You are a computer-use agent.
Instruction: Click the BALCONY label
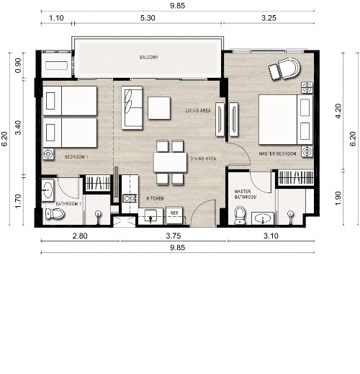(x=149, y=57)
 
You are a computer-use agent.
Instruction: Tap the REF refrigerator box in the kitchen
(x=174, y=215)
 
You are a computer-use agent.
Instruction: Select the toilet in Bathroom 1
(x=55, y=213)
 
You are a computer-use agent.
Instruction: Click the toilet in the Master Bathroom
(x=240, y=215)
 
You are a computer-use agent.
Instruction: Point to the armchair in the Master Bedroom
(x=285, y=68)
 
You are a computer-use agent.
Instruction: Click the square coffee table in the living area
(x=159, y=108)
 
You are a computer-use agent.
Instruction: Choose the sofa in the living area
(x=132, y=107)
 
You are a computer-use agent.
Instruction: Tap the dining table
(x=170, y=162)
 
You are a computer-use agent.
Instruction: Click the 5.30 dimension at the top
(x=148, y=18)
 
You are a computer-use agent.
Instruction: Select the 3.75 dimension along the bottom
(x=174, y=236)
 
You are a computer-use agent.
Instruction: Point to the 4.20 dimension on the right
(x=338, y=111)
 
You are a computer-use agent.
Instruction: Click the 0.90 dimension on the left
(x=18, y=66)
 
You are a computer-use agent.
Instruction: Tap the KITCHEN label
(x=155, y=198)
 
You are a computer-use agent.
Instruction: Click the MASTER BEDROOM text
(x=277, y=153)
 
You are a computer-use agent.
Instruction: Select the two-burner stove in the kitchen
(x=130, y=198)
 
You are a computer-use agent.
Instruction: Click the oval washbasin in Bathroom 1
(x=48, y=190)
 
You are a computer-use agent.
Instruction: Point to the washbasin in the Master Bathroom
(x=263, y=218)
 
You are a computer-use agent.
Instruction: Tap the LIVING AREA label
(x=198, y=110)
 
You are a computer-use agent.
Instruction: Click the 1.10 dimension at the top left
(x=56, y=18)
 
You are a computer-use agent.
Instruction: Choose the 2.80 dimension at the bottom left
(x=80, y=236)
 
